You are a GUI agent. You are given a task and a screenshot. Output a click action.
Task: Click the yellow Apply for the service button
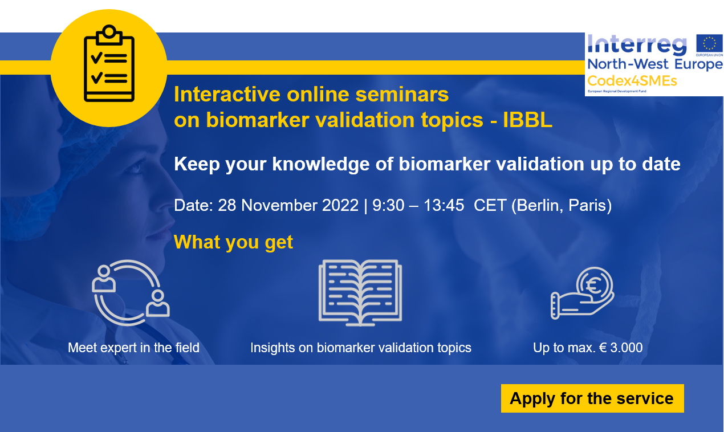(592, 398)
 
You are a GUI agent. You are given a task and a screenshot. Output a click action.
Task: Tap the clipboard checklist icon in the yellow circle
(109, 63)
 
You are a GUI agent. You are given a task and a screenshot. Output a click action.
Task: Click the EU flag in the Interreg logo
(709, 43)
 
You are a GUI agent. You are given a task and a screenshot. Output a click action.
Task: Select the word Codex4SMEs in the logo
(632, 81)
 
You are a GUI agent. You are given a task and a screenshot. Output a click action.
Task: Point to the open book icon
(360, 292)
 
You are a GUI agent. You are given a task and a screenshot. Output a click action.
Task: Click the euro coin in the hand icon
(594, 285)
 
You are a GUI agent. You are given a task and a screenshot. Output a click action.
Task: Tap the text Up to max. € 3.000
(588, 348)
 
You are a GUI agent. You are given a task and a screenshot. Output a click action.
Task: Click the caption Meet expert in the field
(133, 348)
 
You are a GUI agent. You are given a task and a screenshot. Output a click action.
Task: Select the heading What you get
(233, 242)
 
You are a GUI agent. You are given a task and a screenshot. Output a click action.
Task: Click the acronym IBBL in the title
(527, 120)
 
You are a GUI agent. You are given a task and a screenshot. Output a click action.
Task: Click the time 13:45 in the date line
(444, 205)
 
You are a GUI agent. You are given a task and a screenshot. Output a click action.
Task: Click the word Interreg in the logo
(637, 45)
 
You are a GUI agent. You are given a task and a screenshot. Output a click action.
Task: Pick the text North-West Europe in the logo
(655, 64)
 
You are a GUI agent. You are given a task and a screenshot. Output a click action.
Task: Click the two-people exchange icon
(131, 292)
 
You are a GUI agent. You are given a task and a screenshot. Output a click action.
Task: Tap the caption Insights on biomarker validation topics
(361, 348)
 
